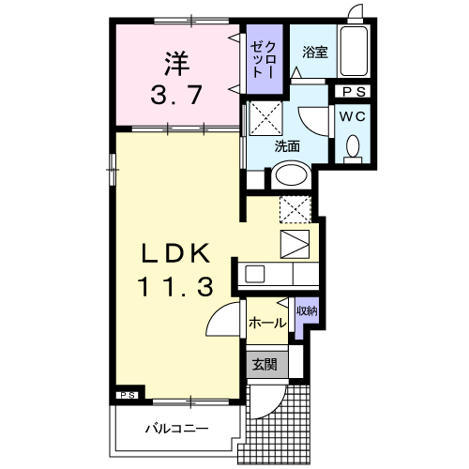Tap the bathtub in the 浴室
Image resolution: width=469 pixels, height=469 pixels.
pyautogui.click(x=354, y=52)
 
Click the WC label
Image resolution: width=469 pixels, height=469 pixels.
pyautogui.click(x=353, y=116)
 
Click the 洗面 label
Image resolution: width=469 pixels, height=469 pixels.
pyautogui.click(x=287, y=146)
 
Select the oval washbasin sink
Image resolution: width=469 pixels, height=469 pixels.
pyautogui.click(x=291, y=176)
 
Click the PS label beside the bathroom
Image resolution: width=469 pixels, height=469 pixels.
pyautogui.click(x=354, y=92)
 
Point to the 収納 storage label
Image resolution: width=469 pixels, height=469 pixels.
pyautogui.click(x=307, y=310)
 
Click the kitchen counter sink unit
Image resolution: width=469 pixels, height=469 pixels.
pyautogui.click(x=279, y=274)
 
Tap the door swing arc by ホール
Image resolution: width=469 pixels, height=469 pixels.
pyautogui.click(x=220, y=321)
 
